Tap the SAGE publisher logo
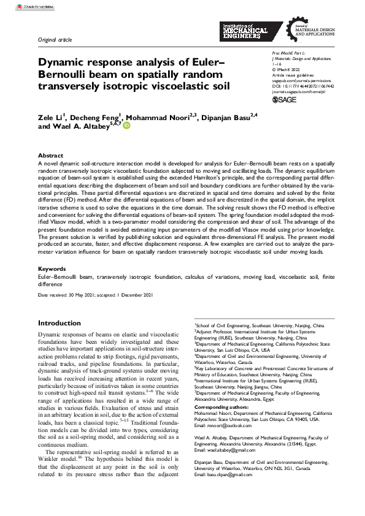pyautogui.click(x=283, y=99)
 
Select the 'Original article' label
pyautogui.click(x=55, y=40)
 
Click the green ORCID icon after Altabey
pyautogui.click(x=128, y=126)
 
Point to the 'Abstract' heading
pyautogui.click(x=50, y=156)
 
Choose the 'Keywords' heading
pyautogui.click(x=52, y=268)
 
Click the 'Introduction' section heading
pyautogui.click(x=59, y=323)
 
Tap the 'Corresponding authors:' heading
pyautogui.click(x=223, y=407)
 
